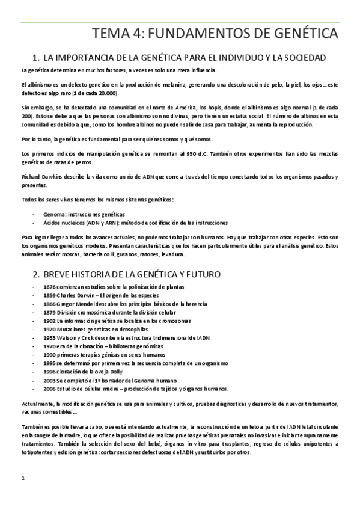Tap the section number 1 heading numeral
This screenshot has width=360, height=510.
(x=35, y=58)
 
